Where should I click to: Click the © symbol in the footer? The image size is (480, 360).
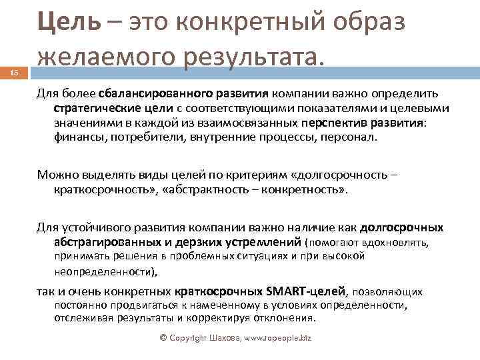click(163, 338)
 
